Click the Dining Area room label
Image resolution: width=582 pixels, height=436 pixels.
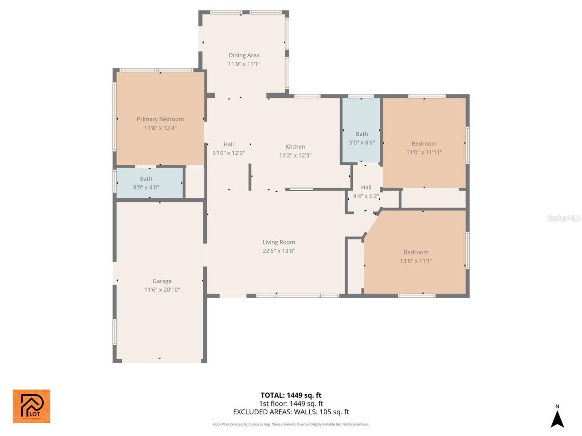pyautogui.click(x=244, y=55)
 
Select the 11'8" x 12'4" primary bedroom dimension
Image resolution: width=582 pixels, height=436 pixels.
pyautogui.click(x=160, y=128)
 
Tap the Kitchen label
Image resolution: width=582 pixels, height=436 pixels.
pyautogui.click(x=295, y=147)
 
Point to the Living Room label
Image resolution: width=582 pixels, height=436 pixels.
pyautogui.click(x=279, y=242)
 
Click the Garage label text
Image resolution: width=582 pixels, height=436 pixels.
pyautogui.click(x=162, y=281)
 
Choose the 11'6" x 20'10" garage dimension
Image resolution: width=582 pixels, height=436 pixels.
pyautogui.click(x=162, y=290)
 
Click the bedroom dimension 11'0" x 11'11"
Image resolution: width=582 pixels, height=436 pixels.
pyautogui.click(x=424, y=152)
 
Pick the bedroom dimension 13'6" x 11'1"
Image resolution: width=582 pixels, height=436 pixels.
pyautogui.click(x=416, y=261)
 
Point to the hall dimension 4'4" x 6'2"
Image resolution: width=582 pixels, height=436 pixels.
pyautogui.click(x=366, y=196)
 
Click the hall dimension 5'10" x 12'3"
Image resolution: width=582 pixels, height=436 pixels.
pyautogui.click(x=229, y=153)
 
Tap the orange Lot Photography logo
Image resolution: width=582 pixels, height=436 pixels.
pyautogui.click(x=31, y=406)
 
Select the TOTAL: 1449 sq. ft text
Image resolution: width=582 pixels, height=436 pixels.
pyautogui.click(x=291, y=395)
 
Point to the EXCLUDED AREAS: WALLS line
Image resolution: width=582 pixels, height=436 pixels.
pyautogui.click(x=291, y=412)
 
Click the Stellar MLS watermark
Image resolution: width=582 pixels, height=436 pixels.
pyautogui.click(x=563, y=218)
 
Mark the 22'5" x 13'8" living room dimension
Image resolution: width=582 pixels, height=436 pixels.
pyautogui.click(x=279, y=251)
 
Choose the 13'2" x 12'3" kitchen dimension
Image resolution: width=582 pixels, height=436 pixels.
pyautogui.click(x=295, y=155)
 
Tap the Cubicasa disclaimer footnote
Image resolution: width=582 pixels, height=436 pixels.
pyautogui.click(x=291, y=424)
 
